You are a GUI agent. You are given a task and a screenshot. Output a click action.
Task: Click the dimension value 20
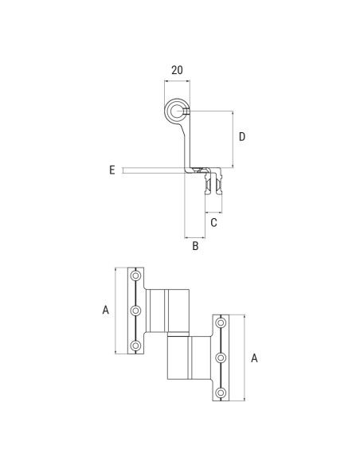pyautogui.click(x=177, y=70)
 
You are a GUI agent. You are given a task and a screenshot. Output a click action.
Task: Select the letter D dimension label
pyautogui.click(x=242, y=137)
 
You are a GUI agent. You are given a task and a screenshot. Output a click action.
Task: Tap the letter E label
pyautogui.click(x=112, y=170)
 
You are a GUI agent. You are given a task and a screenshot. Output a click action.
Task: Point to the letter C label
pyautogui.click(x=213, y=223)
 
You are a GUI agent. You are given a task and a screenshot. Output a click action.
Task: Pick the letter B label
pyautogui.click(x=194, y=247)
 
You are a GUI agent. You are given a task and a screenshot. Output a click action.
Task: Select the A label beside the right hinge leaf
pyautogui.click(x=254, y=358)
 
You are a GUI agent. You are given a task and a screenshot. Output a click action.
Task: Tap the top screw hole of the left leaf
pyautogui.click(x=136, y=275)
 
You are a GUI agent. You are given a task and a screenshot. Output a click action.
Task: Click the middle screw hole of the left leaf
pyautogui.click(x=136, y=311)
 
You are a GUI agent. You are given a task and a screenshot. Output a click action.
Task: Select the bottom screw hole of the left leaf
pyautogui.click(x=136, y=346)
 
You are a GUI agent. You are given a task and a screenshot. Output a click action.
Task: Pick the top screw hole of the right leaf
pyautogui.click(x=222, y=323)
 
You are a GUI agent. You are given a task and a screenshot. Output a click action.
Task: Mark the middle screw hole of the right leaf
pyautogui.click(x=222, y=358)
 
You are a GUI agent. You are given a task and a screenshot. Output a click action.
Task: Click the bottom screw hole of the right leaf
pyautogui.click(x=222, y=393)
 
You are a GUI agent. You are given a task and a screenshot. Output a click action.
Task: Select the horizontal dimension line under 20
pyautogui.click(x=176, y=81)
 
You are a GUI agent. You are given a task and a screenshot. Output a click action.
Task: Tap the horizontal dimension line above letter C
pyautogui.click(x=213, y=213)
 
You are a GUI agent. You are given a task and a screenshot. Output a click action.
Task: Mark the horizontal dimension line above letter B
pyautogui.click(x=194, y=237)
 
